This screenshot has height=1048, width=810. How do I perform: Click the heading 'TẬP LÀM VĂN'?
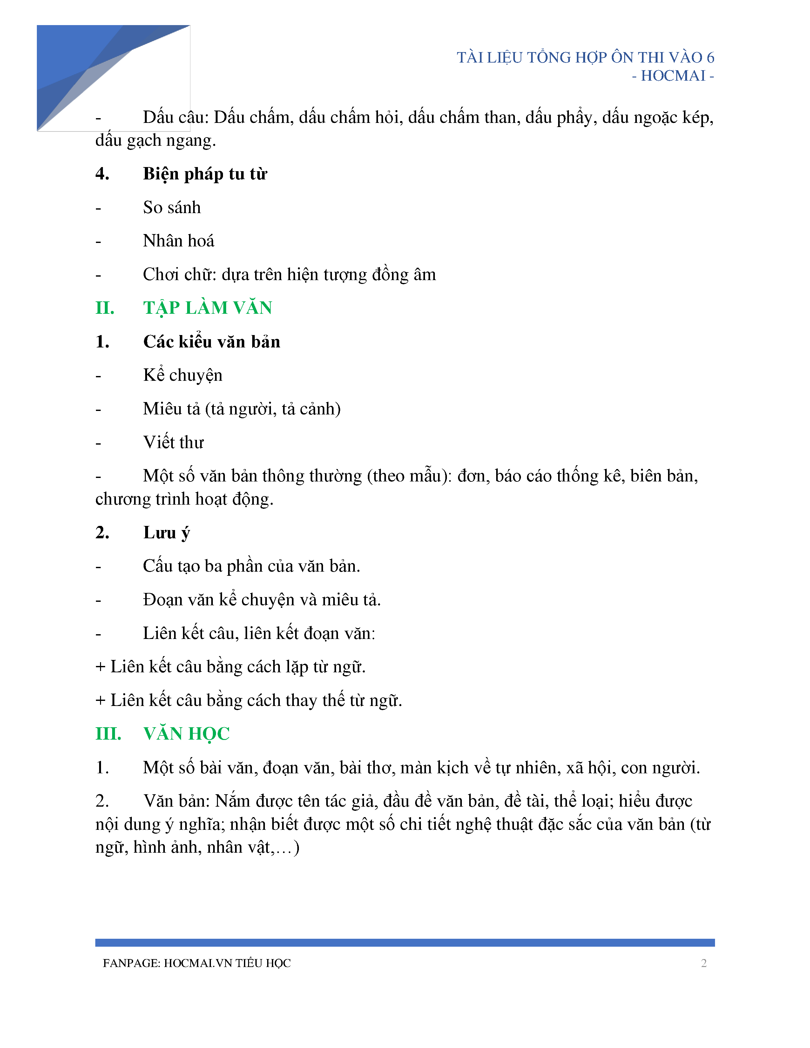tap(207, 308)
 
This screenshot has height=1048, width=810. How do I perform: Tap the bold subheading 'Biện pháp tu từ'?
tap(205, 174)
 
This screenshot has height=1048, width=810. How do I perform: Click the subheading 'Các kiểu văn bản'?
tap(212, 342)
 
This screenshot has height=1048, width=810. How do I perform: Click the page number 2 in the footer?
tap(704, 963)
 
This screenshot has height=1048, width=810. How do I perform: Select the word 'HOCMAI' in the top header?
tap(673, 76)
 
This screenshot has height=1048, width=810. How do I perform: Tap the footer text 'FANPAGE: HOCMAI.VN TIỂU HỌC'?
tap(197, 963)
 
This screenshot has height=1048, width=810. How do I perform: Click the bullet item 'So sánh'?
tap(172, 208)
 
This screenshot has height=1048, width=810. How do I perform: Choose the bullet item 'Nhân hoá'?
tap(179, 241)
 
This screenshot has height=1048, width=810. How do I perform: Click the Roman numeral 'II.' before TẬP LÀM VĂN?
tap(105, 308)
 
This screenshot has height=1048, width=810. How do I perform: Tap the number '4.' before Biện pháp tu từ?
tap(102, 174)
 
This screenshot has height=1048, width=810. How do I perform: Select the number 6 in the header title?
tap(710, 57)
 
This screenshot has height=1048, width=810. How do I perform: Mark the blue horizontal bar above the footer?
tap(404, 943)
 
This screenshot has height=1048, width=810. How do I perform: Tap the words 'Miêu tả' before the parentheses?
tap(171, 409)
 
